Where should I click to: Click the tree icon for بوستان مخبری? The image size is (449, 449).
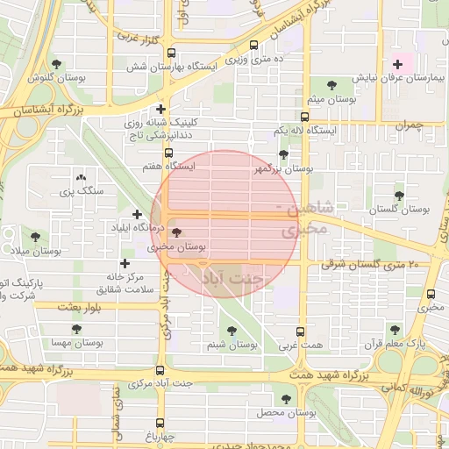[x=178, y=233]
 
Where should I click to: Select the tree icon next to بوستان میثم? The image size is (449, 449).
[x=331, y=85]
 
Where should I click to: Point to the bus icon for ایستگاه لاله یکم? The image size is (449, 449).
[x=304, y=117]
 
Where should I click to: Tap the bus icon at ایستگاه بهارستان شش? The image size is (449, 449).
[x=170, y=53]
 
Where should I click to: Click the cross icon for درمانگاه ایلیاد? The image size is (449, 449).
[x=137, y=214]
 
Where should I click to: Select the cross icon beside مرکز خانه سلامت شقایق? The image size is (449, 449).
[x=125, y=263]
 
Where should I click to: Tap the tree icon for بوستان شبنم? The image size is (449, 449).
[x=232, y=331]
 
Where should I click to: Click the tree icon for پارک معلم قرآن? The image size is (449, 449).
[x=395, y=330]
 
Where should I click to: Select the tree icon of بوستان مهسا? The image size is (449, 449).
[x=76, y=330]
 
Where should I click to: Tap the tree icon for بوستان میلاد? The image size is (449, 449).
[x=35, y=237]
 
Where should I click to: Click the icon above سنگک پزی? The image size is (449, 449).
[x=82, y=176]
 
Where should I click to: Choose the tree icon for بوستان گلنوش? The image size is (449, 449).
[x=57, y=64]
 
